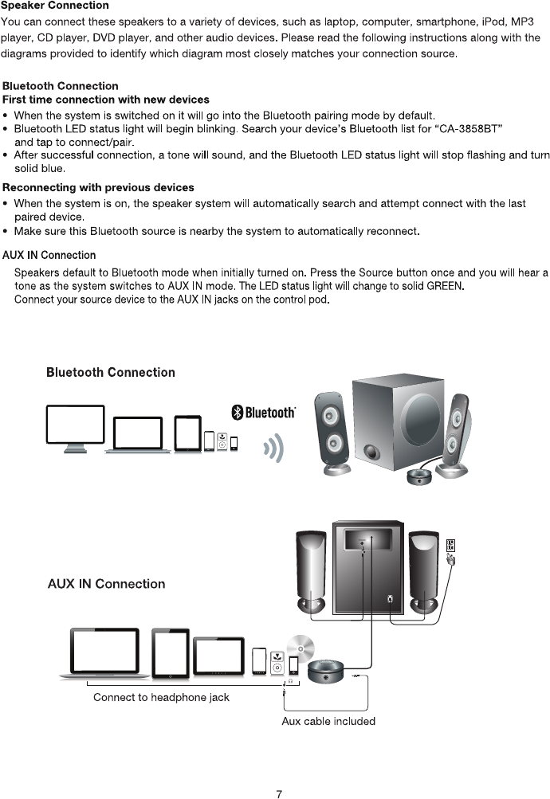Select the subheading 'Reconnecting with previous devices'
(x=99, y=187)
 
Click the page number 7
(x=278, y=793)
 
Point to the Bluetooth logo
(x=263, y=412)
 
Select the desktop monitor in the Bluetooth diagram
(x=76, y=429)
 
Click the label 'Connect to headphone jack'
(x=161, y=697)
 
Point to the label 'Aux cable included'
(x=328, y=721)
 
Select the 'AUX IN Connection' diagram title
(x=106, y=584)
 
